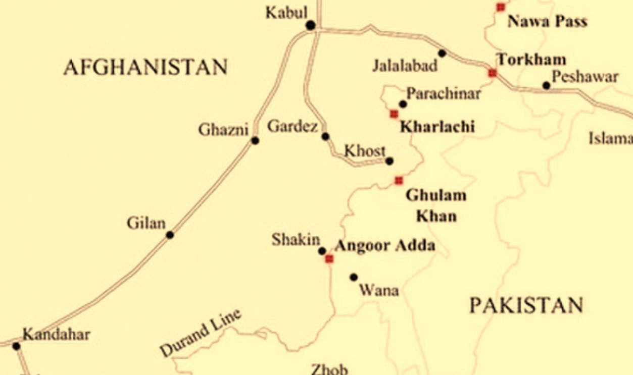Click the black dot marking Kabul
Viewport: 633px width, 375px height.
[310, 25]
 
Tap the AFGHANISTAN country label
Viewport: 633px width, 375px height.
[145, 67]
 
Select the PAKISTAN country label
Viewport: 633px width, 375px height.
[526, 305]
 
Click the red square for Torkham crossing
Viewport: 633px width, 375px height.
[493, 73]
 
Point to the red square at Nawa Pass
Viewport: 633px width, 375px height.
[501, 7]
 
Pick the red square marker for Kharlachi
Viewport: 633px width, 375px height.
[394, 114]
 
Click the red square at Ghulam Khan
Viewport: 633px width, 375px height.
[399, 180]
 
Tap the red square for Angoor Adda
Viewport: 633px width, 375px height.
[329, 259]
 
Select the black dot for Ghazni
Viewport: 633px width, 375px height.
[255, 140]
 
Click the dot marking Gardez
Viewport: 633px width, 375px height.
[325, 136]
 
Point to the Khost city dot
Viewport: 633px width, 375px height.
[389, 162]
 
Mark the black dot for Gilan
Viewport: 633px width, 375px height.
[170, 235]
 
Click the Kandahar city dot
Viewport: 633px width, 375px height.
[16, 346]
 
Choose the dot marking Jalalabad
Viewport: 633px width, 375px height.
[442, 53]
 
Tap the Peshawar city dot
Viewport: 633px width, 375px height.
[546, 86]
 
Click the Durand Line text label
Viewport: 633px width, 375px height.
[201, 333]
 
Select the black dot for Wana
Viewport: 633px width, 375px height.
[354, 277]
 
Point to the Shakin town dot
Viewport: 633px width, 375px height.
[322, 251]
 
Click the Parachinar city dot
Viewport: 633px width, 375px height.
[403, 104]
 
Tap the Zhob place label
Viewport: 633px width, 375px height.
[329, 369]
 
